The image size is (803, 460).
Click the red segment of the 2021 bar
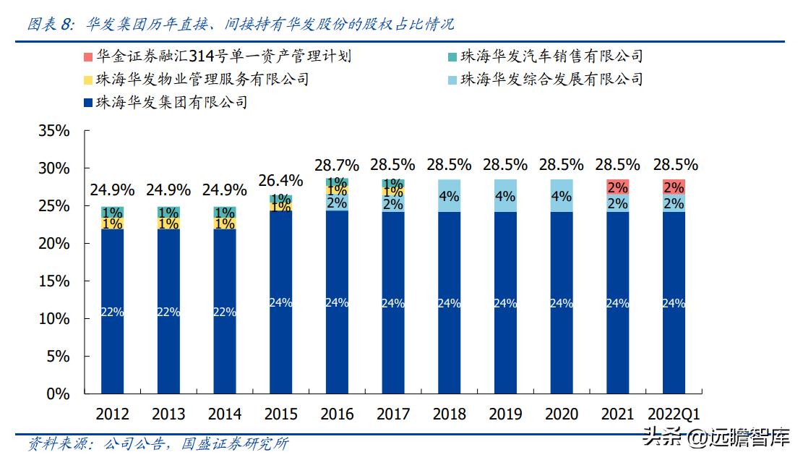pyautogui.click(x=617, y=187)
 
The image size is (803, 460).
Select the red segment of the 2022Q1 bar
pyautogui.click(x=674, y=187)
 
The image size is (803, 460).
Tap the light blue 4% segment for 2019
pyautogui.click(x=505, y=195)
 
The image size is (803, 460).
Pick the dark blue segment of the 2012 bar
pyautogui.click(x=112, y=311)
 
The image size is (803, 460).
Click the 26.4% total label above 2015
pyautogui.click(x=280, y=179)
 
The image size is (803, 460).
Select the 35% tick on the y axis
pyautogui.click(x=53, y=132)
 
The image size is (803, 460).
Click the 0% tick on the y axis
pyautogui.click(x=58, y=394)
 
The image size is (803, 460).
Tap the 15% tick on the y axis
pyautogui.click(x=53, y=281)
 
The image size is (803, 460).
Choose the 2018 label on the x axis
pyautogui.click(x=450, y=414)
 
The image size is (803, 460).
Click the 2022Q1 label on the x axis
pyautogui.click(x=674, y=414)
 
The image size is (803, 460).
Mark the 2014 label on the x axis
pyautogui.click(x=225, y=414)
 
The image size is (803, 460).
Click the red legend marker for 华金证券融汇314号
pyautogui.click(x=87, y=56)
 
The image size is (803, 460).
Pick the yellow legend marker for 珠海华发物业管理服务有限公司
pyautogui.click(x=87, y=80)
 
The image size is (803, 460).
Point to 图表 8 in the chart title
pyautogui.click(x=49, y=24)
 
